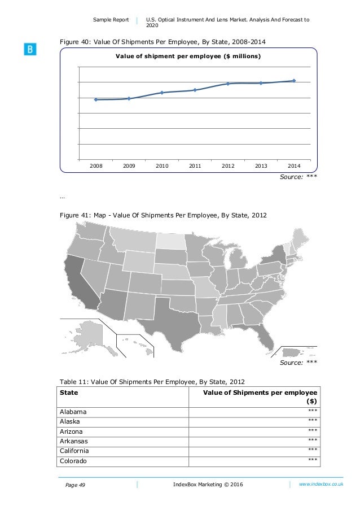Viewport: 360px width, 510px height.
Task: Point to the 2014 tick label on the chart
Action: pyautogui.click(x=294, y=166)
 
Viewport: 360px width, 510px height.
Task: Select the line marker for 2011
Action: pyautogui.click(x=195, y=90)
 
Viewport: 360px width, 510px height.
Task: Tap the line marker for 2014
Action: pyautogui.click(x=294, y=81)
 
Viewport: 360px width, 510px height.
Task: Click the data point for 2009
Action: pyautogui.click(x=129, y=98)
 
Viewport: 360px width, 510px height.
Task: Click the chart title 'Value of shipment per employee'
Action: pyautogui.click(x=188, y=56)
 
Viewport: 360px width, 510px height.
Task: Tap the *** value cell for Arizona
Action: pyautogui.click(x=312, y=431)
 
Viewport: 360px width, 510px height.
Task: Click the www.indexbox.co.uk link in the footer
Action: pyautogui.click(x=321, y=485)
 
